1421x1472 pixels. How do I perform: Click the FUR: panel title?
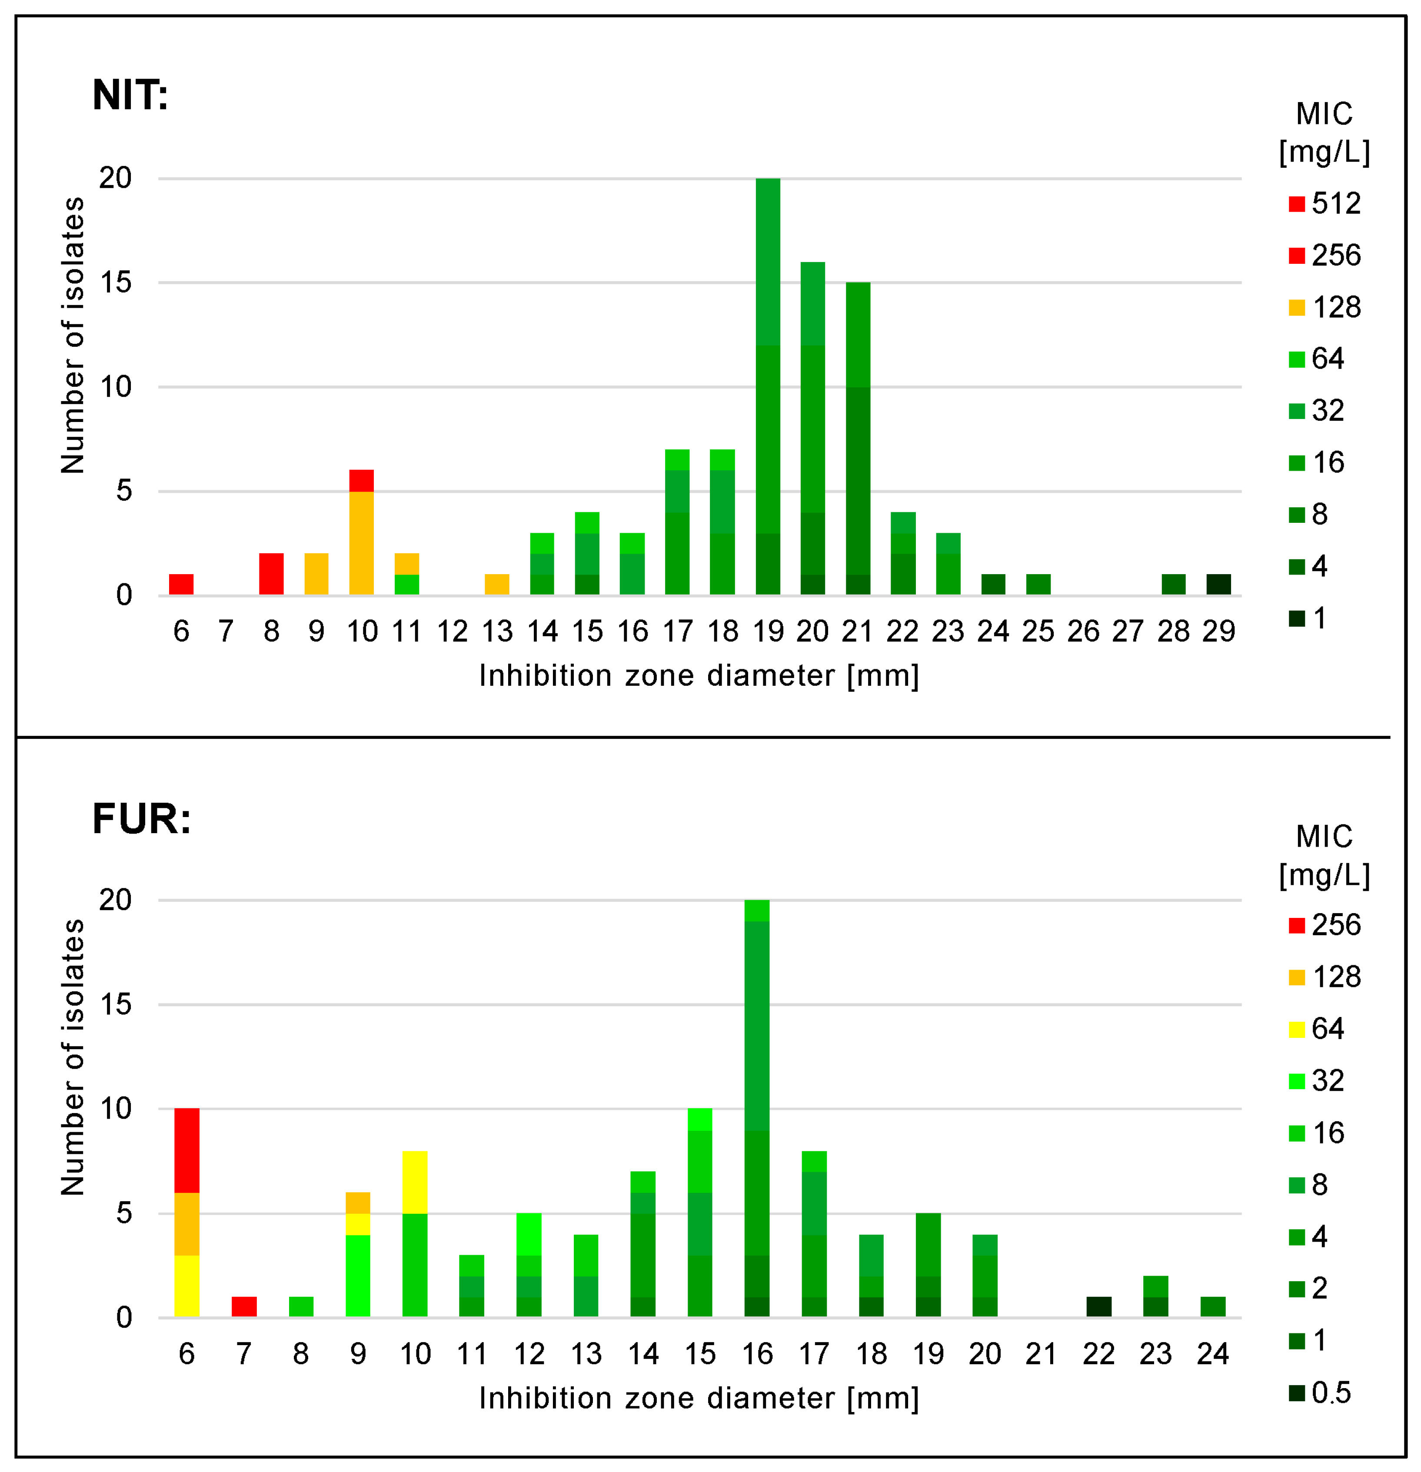(141, 819)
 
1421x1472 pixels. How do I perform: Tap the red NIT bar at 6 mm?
(181, 584)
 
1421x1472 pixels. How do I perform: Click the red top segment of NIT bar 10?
(361, 481)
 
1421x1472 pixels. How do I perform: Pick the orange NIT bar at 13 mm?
(496, 584)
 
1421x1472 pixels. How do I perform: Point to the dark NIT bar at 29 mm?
(1218, 584)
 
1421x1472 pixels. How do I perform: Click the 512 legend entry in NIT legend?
(1326, 203)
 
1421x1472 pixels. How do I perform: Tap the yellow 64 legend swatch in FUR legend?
(1296, 1029)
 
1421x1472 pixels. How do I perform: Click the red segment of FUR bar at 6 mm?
(187, 1150)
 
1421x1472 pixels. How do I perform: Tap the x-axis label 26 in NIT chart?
(1083, 631)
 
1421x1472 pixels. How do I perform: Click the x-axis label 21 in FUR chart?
(1041, 1354)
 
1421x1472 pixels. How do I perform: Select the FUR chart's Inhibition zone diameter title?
(699, 1399)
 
